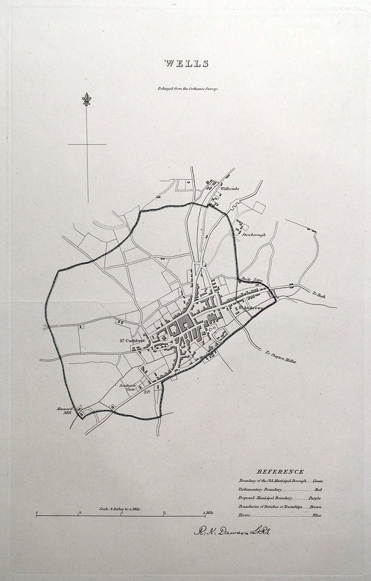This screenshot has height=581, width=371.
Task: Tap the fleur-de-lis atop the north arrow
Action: tap(86, 100)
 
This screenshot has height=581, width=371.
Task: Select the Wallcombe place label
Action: tap(230, 188)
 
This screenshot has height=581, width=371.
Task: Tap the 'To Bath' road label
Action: tap(319, 294)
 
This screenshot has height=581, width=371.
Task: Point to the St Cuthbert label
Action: tap(132, 340)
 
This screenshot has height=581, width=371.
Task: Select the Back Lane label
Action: tap(252, 279)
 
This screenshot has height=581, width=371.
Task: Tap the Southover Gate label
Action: tap(127, 388)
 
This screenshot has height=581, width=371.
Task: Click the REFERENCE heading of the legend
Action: tap(280, 472)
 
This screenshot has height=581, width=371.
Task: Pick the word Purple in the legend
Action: tap(315, 499)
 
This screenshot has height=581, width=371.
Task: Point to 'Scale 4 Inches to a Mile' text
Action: tap(120, 509)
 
